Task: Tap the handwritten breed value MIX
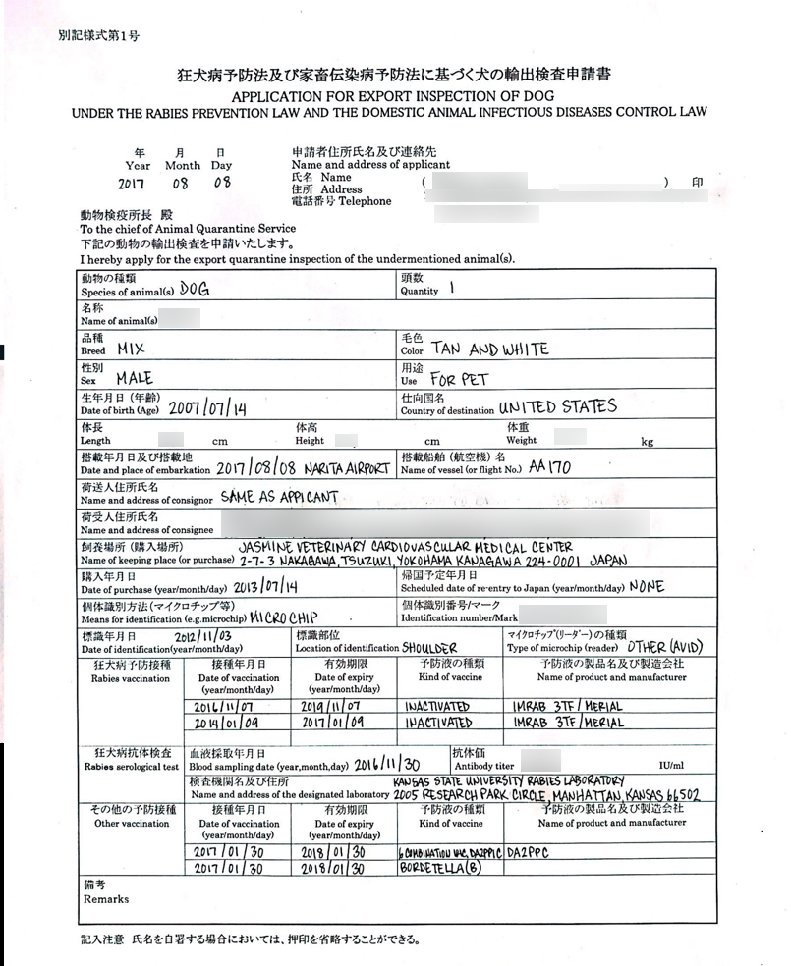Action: (130, 349)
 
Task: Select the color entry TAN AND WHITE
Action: (488, 349)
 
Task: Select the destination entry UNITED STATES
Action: (557, 406)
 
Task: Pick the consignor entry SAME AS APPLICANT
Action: (278, 497)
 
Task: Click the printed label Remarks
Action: (106, 899)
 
